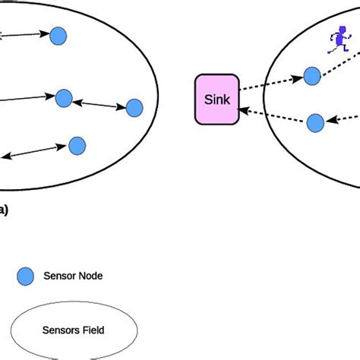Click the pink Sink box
point(216,98)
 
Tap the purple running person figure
point(335,40)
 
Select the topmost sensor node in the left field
point(58,35)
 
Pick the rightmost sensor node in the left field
point(134,108)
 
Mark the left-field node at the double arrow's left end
point(64,98)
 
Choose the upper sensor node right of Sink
point(312,75)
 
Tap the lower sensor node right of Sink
point(315,122)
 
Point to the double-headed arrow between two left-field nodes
point(99,103)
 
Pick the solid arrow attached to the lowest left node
point(34,151)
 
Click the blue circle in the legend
point(26,276)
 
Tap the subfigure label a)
point(4,210)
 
